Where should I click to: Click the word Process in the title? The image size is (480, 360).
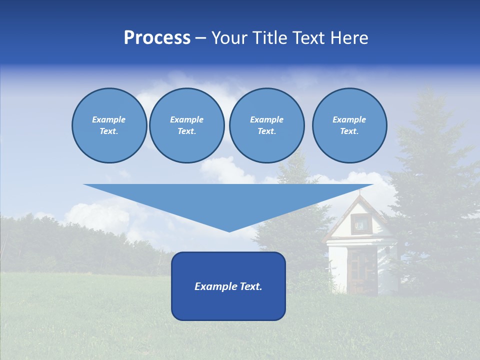tap(157, 38)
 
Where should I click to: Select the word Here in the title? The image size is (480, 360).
tap(350, 38)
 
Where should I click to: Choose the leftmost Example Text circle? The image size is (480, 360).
tap(109, 125)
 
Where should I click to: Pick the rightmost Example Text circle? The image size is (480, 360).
tap(349, 125)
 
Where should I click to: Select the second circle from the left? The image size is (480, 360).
tap(186, 125)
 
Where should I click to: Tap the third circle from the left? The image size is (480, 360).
tap(266, 125)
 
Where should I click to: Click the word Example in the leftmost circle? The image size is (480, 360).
tap(109, 119)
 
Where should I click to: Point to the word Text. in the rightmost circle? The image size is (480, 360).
tap(349, 131)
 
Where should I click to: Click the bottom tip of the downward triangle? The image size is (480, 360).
tap(229, 231)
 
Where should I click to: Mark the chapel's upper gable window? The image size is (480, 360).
tap(359, 223)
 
